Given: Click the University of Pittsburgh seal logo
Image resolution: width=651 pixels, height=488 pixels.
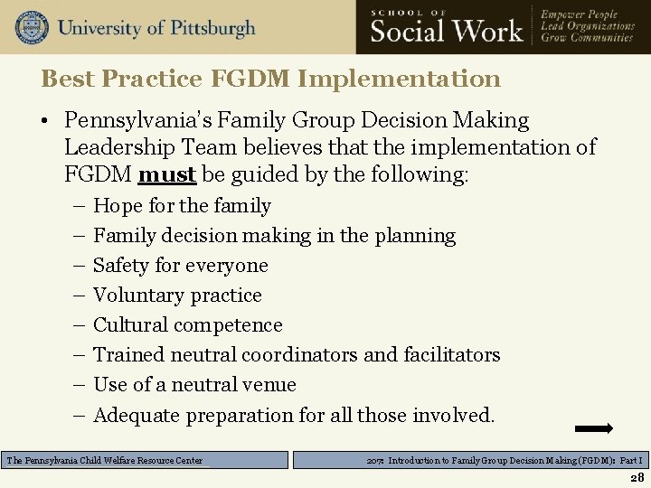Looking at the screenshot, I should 32,27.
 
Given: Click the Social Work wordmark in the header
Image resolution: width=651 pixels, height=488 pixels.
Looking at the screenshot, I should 447,31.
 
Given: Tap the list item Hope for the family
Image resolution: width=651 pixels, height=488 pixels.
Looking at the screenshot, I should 182,206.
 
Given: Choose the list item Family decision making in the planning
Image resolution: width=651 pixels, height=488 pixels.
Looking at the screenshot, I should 274,236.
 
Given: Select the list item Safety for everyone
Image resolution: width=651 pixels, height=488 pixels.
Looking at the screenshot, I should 181,266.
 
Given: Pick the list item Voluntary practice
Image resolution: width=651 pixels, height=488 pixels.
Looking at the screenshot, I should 177,296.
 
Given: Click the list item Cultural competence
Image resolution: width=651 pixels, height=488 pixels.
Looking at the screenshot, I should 188,325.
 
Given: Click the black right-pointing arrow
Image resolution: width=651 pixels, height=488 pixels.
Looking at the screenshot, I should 594,428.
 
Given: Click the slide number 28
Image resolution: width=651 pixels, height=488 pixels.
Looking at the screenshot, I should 637,478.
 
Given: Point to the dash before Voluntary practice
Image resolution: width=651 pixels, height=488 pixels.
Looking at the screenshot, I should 77,296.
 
